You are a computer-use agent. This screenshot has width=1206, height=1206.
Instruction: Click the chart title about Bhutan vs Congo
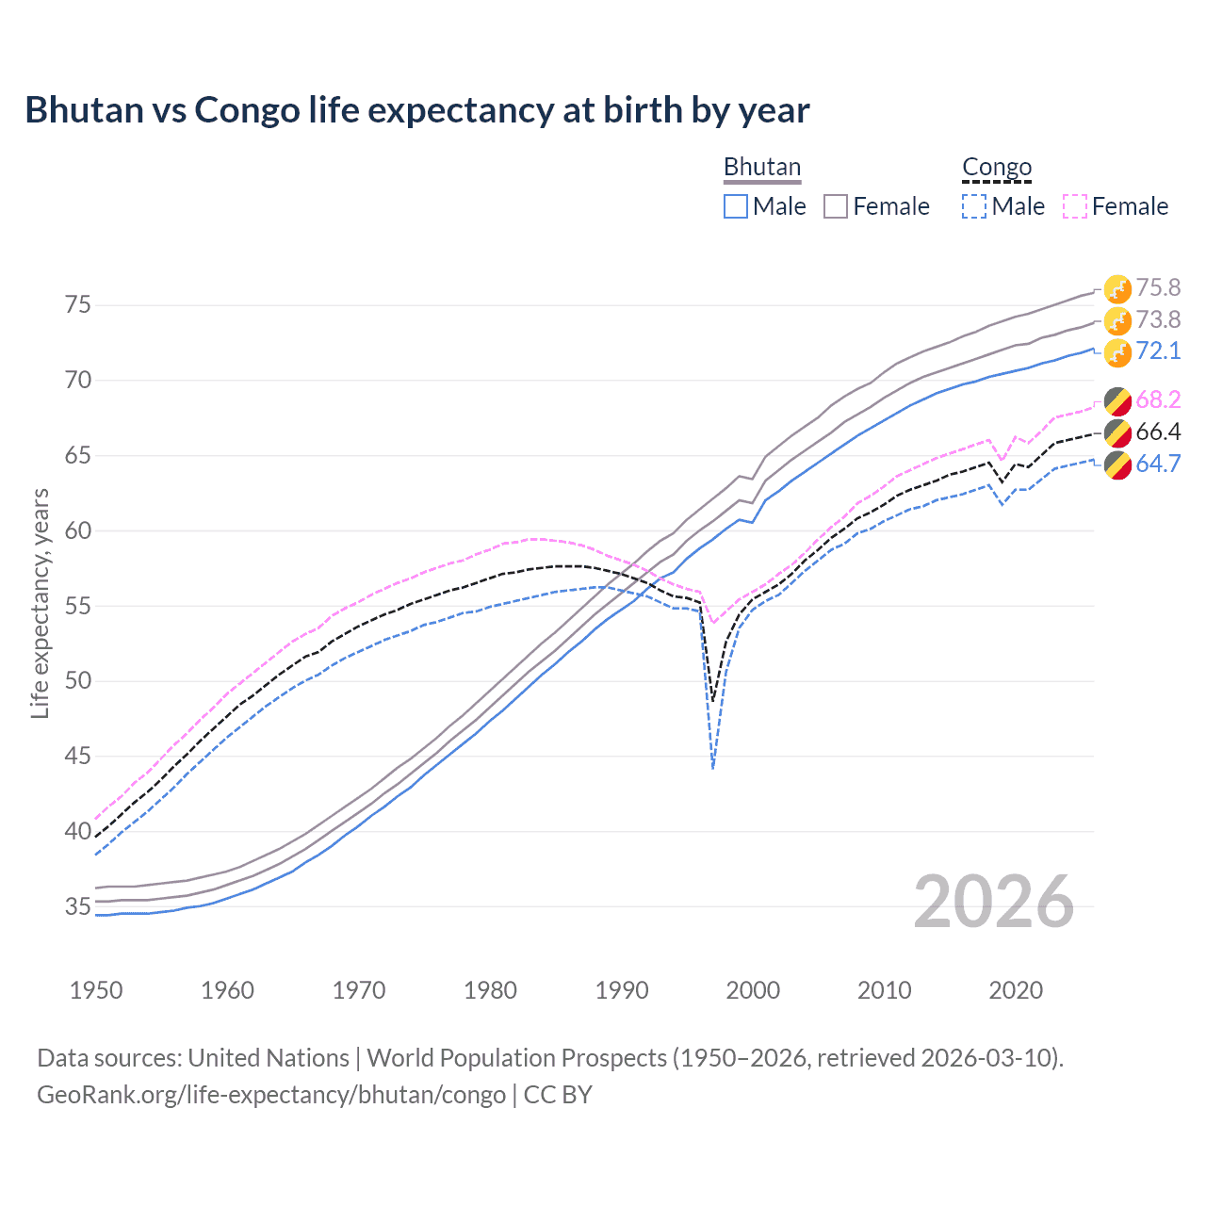(416, 110)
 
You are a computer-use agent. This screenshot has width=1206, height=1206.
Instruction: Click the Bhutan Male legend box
(736, 206)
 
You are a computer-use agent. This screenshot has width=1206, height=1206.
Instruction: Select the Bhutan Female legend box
(836, 206)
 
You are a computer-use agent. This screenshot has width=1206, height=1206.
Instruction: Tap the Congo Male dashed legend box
(974, 206)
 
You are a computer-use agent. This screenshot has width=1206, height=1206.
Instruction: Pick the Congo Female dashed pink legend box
(1075, 206)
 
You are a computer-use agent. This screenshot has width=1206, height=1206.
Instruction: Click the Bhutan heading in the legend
(761, 167)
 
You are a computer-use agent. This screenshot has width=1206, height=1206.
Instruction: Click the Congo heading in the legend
(997, 167)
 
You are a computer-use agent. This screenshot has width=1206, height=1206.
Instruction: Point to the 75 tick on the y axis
(78, 304)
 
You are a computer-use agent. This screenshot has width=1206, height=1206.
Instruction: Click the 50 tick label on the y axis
(78, 680)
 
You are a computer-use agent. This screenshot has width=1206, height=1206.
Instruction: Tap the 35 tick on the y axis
(78, 906)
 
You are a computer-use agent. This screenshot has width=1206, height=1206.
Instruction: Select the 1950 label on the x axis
(96, 990)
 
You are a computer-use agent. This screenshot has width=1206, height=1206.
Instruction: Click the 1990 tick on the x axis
(622, 990)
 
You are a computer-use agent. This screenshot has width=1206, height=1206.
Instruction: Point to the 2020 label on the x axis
(1016, 990)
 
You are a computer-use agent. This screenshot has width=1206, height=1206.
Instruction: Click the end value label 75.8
(1158, 287)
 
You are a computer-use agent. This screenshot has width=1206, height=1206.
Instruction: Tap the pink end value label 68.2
(1158, 399)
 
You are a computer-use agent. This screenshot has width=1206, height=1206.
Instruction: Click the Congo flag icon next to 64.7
(1117, 464)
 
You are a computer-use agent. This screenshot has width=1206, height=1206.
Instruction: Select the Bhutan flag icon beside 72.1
(1117, 352)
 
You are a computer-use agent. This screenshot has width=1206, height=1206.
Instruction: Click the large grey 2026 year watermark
(994, 902)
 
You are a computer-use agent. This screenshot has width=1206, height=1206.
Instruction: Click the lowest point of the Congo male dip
(713, 768)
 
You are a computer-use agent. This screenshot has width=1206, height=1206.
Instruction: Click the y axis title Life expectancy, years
(40, 603)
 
